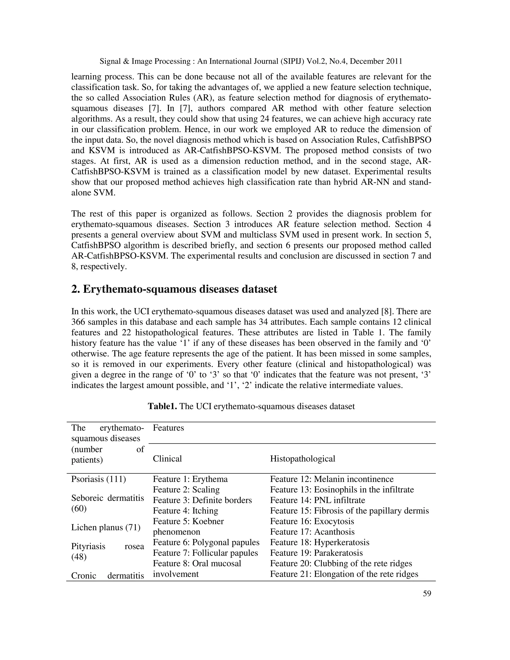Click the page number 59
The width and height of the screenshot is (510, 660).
pyautogui.click(x=427, y=594)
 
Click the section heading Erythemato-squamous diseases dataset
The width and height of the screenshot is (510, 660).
pyautogui.click(x=174, y=289)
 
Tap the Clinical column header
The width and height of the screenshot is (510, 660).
pyautogui.click(x=167, y=459)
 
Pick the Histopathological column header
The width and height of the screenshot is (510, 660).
pyautogui.click(x=302, y=459)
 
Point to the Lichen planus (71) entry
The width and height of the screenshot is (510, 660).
pyautogui.click(x=106, y=527)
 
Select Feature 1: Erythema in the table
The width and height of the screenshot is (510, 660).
pyautogui.click(x=190, y=479)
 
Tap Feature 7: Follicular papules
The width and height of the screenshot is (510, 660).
pyautogui.click(x=205, y=553)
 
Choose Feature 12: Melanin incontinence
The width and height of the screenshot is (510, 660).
pyautogui.click(x=331, y=479)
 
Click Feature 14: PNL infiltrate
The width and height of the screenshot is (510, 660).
pyautogui.click(x=317, y=500)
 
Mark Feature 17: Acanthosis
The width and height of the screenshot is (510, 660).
pyautogui.click(x=312, y=531)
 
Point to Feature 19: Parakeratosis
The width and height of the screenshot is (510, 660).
pyautogui.click(x=316, y=553)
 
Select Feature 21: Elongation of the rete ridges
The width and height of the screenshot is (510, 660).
pyautogui.click(x=344, y=574)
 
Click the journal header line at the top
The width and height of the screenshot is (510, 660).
pyautogui.click(x=251, y=61)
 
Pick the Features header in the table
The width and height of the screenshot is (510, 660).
pyautogui.click(x=168, y=428)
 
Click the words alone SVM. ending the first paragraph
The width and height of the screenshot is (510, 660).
pyautogui.click(x=93, y=193)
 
